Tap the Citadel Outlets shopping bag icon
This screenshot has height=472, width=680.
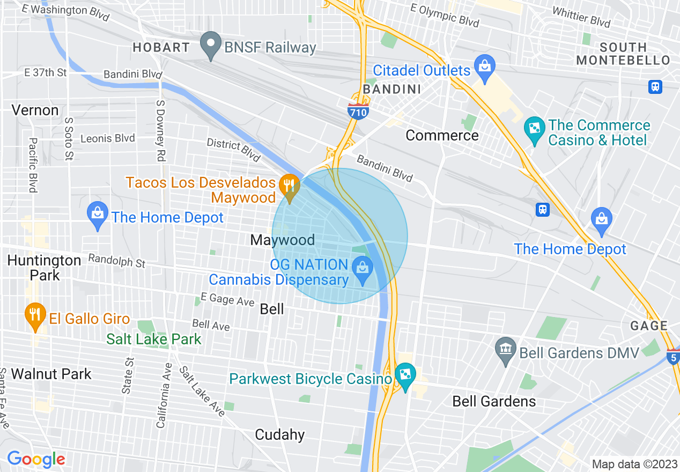(x=485, y=68)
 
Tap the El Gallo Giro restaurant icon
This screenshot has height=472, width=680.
(x=35, y=316)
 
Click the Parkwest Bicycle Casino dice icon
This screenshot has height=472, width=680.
(x=405, y=377)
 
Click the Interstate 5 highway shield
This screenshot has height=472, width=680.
(x=674, y=357)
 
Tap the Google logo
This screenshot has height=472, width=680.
(x=36, y=459)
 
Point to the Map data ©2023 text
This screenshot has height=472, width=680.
(x=633, y=464)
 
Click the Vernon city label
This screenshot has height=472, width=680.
(x=35, y=110)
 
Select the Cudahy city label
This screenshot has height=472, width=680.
(x=280, y=434)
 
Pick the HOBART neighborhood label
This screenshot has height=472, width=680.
(x=161, y=47)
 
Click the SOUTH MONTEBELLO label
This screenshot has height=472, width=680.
(x=623, y=54)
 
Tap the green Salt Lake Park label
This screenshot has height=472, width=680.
(x=153, y=339)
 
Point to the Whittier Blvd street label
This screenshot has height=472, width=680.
(x=581, y=18)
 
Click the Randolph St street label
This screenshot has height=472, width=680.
(x=117, y=261)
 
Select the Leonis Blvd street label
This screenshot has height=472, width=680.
(x=107, y=138)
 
